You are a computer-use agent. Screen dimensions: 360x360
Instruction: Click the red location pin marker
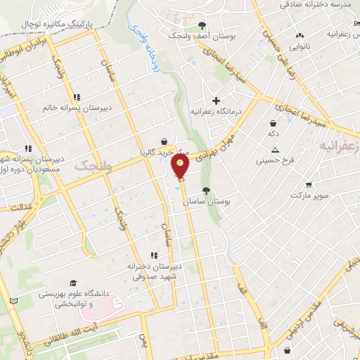coord(181,166)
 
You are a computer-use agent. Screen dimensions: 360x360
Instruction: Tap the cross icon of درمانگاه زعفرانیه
coord(217,100)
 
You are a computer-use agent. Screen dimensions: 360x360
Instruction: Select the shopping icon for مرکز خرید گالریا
coord(164,141)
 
